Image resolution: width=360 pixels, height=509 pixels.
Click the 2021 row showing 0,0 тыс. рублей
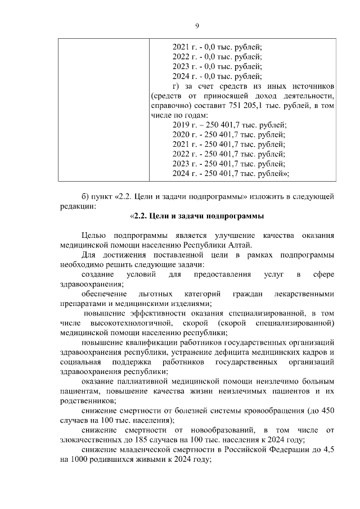point(217,47)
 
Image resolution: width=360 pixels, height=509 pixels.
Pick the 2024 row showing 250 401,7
point(230,173)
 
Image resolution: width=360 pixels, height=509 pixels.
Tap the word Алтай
point(240,245)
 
